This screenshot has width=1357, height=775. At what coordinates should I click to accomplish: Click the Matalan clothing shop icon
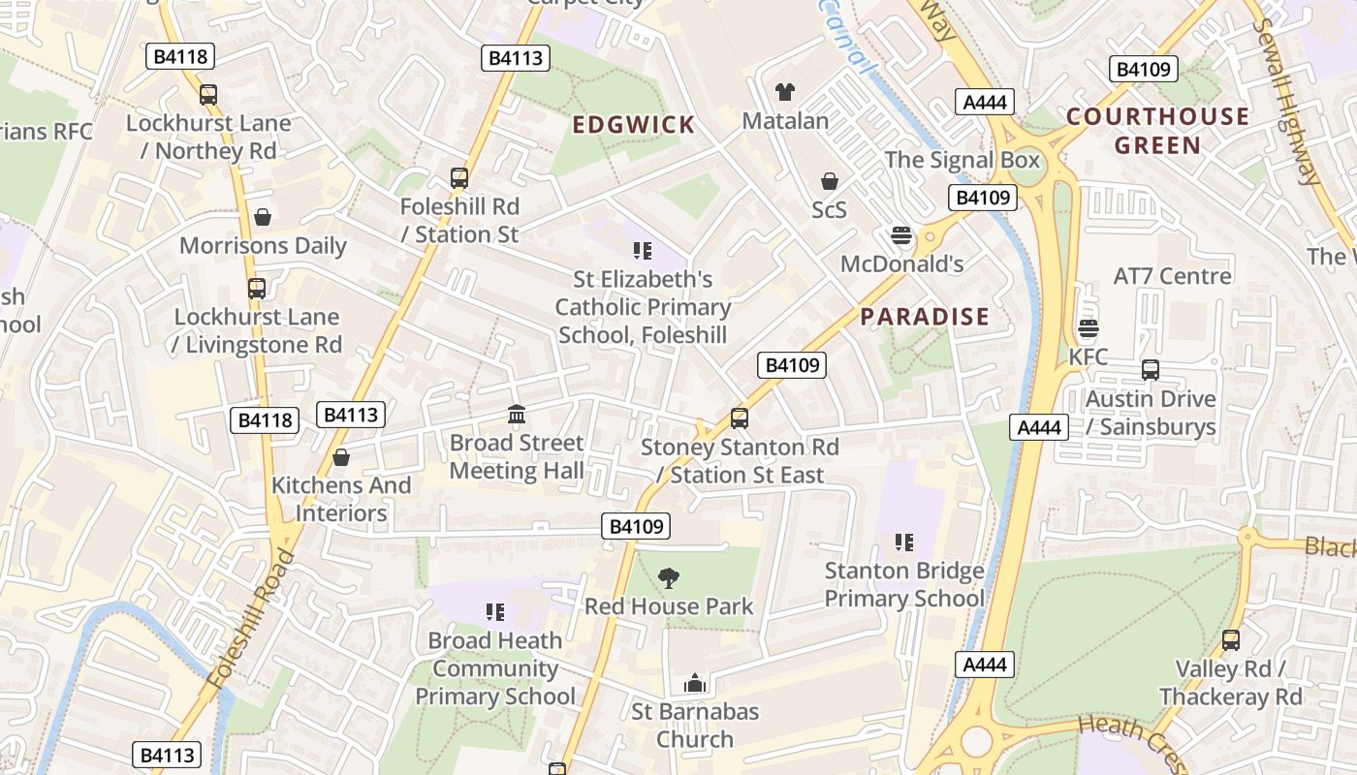tap(785, 92)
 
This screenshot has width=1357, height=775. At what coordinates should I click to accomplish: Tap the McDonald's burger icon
tap(901, 235)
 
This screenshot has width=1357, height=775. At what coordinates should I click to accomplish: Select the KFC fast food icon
tap(1089, 328)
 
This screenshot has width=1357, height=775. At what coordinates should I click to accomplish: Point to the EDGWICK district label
tap(634, 125)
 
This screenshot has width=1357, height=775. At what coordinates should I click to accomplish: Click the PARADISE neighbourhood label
tap(925, 317)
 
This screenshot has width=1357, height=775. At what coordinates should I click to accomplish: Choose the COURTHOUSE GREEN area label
tap(1157, 131)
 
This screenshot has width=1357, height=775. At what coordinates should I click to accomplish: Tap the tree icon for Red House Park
tap(668, 578)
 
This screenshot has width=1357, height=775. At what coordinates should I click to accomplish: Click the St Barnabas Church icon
tap(694, 684)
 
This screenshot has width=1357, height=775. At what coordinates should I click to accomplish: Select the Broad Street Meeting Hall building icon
tap(517, 415)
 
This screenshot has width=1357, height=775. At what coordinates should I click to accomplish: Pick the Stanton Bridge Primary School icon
tap(904, 542)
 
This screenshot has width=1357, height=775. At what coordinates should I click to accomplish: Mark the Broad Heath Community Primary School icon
tap(495, 612)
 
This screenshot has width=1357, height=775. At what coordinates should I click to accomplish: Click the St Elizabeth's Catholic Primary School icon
tap(642, 252)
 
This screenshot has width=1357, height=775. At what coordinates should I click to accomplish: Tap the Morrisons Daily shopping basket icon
tap(262, 217)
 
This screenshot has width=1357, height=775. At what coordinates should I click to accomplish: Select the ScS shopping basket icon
tap(830, 181)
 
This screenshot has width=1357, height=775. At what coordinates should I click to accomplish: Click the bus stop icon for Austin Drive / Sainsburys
tap(1151, 370)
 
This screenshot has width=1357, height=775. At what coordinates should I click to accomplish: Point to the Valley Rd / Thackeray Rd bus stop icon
tap(1231, 640)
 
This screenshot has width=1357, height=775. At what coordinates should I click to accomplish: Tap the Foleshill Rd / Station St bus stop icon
tap(459, 178)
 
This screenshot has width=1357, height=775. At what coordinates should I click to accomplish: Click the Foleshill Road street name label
tap(250, 620)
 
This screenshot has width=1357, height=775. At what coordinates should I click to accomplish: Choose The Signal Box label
tap(962, 160)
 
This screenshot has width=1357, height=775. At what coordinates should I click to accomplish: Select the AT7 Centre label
tap(1172, 276)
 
